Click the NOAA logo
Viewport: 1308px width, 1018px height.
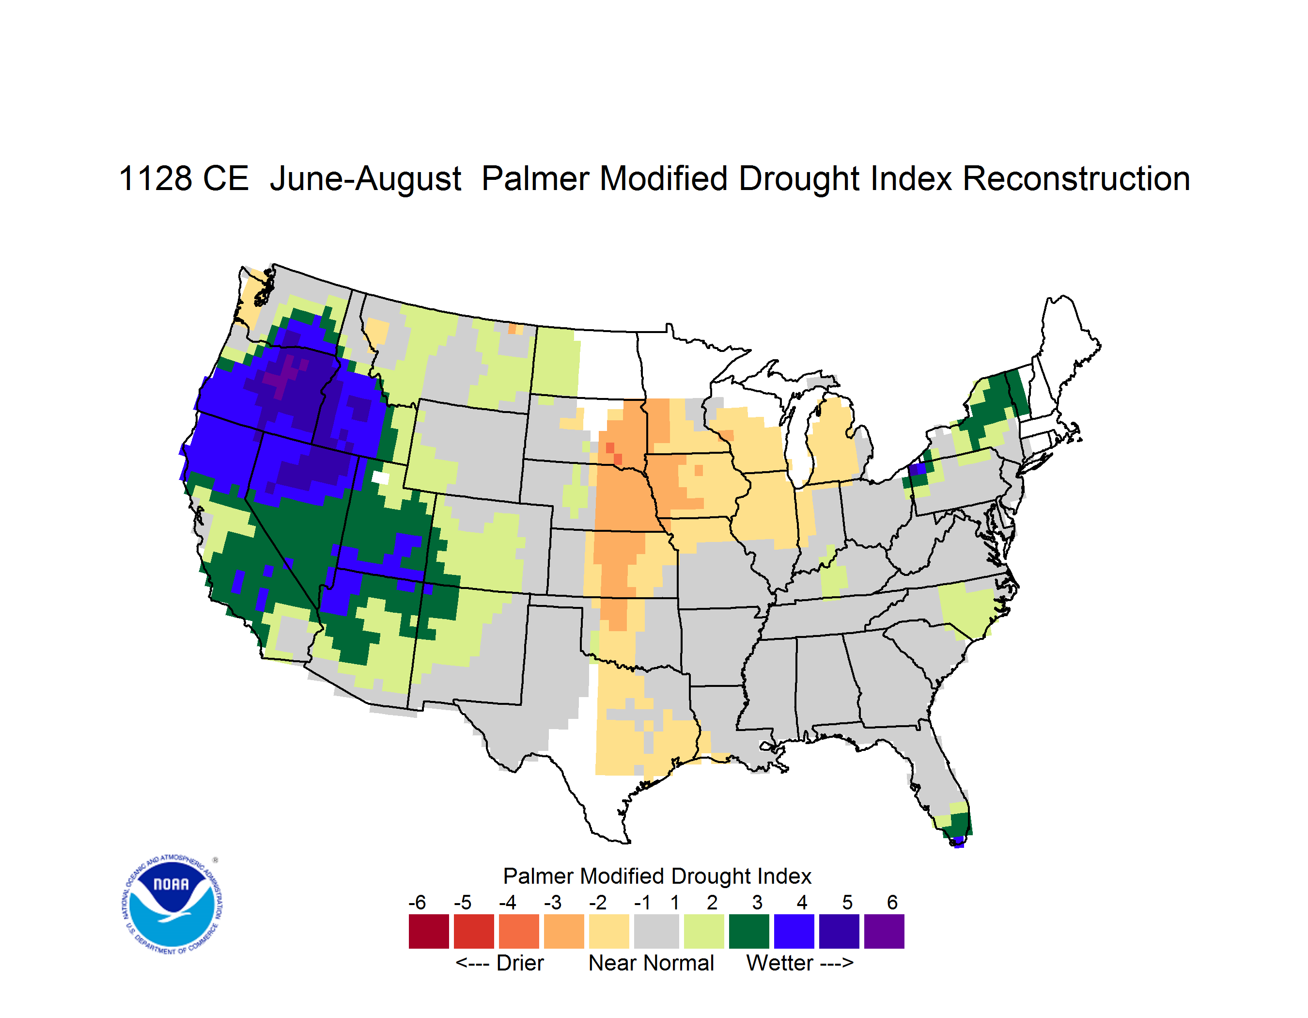click(x=172, y=905)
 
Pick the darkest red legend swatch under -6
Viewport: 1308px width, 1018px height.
click(x=429, y=931)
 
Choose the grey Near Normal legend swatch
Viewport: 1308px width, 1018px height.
click(x=656, y=931)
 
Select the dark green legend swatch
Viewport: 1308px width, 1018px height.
click(x=748, y=931)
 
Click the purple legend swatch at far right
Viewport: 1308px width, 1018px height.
click(x=884, y=931)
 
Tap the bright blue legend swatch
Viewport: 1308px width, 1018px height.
click(x=794, y=931)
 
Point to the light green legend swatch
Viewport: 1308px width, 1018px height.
click(x=704, y=931)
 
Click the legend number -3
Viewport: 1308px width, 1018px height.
click(x=553, y=902)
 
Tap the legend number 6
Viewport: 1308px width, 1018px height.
click(x=892, y=902)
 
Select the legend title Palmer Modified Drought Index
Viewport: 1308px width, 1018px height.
click(x=657, y=876)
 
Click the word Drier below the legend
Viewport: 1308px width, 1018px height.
click(x=520, y=963)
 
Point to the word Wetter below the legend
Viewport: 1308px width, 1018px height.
click(x=780, y=963)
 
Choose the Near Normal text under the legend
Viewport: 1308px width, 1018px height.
click(x=651, y=963)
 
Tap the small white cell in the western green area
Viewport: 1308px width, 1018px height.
click(x=380, y=477)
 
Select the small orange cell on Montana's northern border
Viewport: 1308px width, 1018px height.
click(x=512, y=328)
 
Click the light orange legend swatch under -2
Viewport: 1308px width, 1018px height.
click(x=609, y=931)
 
